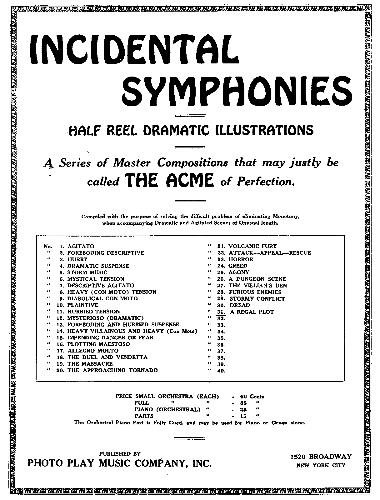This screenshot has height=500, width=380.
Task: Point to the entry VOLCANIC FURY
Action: (x=252, y=246)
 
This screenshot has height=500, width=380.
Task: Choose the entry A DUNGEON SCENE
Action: (x=257, y=279)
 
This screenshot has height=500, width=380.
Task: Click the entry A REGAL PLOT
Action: (x=252, y=312)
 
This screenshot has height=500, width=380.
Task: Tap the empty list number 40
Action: (x=221, y=371)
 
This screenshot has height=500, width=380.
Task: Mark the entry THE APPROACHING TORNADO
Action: (x=112, y=370)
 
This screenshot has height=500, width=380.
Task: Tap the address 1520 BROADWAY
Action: (x=321, y=457)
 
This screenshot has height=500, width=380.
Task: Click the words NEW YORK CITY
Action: (x=321, y=465)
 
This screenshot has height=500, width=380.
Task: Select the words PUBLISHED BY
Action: (x=120, y=454)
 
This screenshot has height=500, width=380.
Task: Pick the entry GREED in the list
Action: (x=238, y=266)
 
